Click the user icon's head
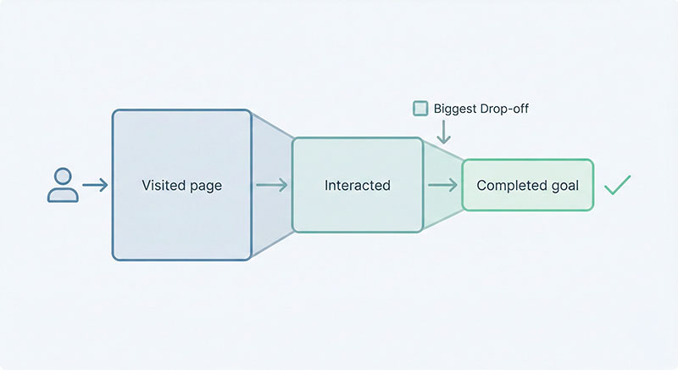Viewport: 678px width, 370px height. (x=62, y=176)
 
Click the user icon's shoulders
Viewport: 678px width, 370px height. (x=62, y=195)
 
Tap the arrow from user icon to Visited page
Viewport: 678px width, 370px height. (x=95, y=185)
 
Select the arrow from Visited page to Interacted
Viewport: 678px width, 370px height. (x=271, y=185)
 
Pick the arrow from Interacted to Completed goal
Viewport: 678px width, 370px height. (x=442, y=185)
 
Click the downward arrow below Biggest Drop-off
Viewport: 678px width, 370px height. (x=442, y=132)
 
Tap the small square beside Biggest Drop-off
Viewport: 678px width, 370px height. (x=420, y=108)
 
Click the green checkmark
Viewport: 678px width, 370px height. (x=617, y=184)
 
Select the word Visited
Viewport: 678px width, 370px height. (x=162, y=185)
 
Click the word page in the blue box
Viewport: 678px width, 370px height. (x=205, y=185)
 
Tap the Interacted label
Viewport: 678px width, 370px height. (x=357, y=185)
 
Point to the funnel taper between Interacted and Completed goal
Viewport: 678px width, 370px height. (x=442, y=161)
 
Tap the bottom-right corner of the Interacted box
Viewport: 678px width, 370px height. (x=421, y=231)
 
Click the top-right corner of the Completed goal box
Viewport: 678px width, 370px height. (x=592, y=160)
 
